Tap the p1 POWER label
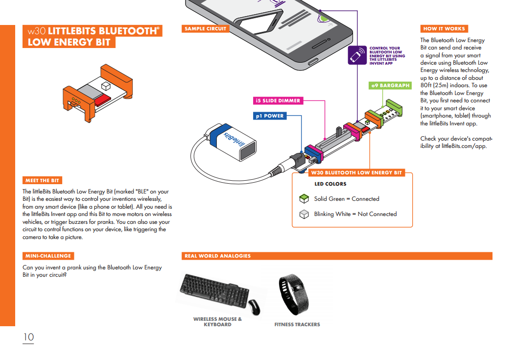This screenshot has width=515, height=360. (x=269, y=116)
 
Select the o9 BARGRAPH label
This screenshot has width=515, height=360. (x=390, y=86)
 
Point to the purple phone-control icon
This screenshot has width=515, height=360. (x=357, y=55)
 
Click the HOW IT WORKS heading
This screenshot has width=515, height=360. (x=444, y=29)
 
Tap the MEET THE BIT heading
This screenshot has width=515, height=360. (x=42, y=181)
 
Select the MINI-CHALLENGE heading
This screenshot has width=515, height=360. (x=48, y=256)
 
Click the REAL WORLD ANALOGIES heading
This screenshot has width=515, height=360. (x=217, y=256)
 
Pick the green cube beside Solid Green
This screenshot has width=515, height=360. (x=304, y=199)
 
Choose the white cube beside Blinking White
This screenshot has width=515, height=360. (x=304, y=214)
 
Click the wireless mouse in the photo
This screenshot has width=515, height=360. (x=254, y=307)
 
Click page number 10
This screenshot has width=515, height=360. (x=28, y=337)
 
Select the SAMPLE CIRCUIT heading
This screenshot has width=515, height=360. (x=205, y=29)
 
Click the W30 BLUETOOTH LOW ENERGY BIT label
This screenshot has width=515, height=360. (x=356, y=173)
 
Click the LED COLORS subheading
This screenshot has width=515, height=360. (x=330, y=184)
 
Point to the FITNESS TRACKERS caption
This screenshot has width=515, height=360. (x=297, y=324)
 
